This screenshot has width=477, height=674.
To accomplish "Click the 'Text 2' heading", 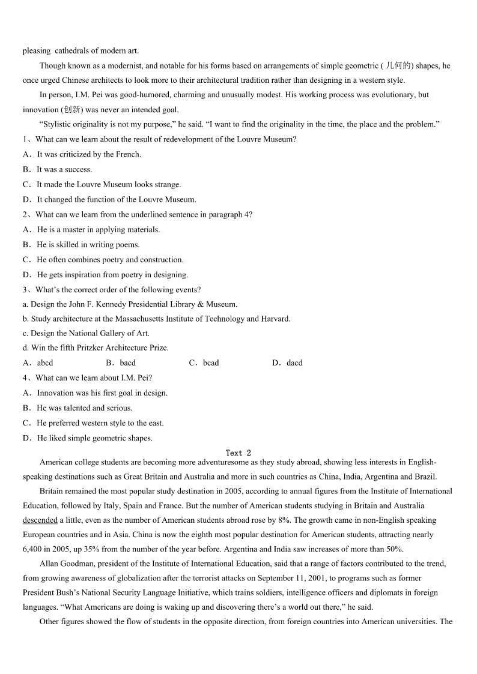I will point(239,453).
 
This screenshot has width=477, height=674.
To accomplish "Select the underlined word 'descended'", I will point(40,520).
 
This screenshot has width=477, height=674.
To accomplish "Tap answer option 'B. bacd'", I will point(121,363).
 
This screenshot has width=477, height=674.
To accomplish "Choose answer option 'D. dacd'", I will point(287,363).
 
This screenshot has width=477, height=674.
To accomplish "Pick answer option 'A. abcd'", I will point(38,363).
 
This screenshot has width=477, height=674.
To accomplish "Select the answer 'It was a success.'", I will point(64,169).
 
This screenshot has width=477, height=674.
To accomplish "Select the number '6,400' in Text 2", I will point(32,549).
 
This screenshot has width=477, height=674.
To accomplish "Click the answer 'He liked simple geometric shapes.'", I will point(94,438).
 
